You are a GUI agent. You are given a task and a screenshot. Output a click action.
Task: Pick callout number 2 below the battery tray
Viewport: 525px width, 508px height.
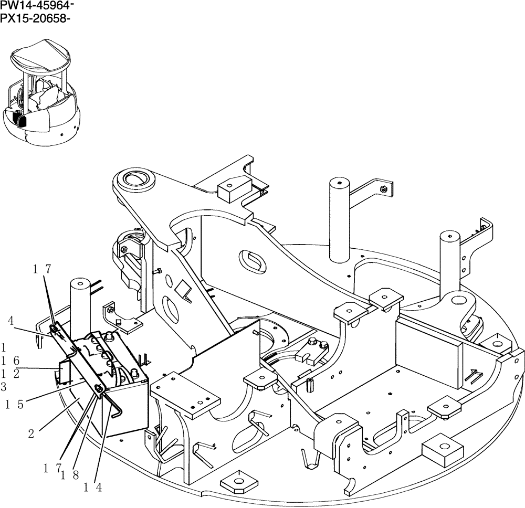pos(31,434)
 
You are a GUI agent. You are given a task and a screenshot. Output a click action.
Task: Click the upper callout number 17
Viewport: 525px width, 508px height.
pos(42,270)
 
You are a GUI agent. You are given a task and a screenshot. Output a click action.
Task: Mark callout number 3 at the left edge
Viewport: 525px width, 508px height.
pos(4,387)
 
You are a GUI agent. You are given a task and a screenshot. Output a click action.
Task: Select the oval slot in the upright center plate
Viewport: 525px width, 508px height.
pos(254,260)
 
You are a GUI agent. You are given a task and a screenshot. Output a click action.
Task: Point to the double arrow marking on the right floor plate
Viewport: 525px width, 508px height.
pos(475,375)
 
